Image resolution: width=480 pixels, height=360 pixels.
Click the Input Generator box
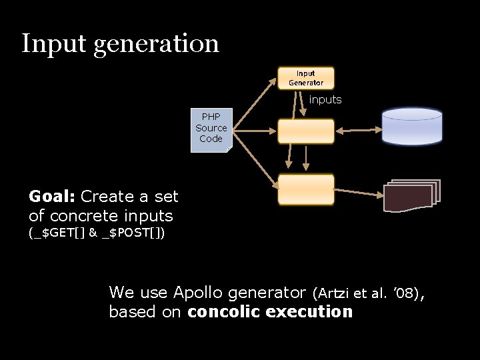tap(306, 78)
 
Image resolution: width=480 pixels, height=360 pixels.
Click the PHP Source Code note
tap(211, 129)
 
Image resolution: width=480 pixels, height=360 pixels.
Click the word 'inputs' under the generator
tap(325, 100)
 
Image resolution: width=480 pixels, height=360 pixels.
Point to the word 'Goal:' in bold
tap(52, 197)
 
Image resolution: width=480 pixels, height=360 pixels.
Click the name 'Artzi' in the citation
tap(333, 293)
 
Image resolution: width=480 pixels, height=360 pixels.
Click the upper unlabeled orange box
tap(306, 131)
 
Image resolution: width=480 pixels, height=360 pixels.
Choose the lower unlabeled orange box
tap(306, 189)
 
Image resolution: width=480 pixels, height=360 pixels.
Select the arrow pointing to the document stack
tap(358, 192)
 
